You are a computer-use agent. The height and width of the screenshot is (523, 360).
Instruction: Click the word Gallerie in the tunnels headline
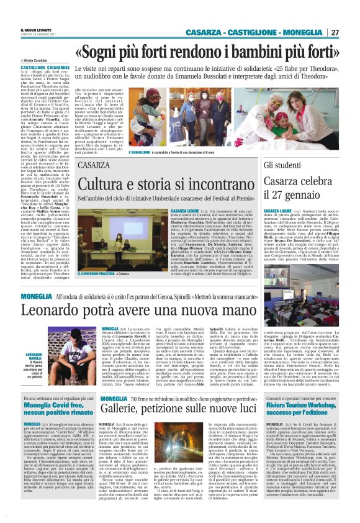[x=125, y=411]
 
